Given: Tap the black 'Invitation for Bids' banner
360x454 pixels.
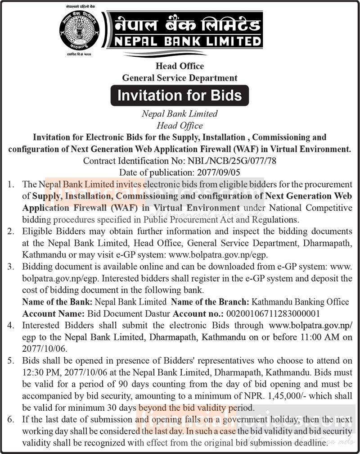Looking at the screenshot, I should point(180,95).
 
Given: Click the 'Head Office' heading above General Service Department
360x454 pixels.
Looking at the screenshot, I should point(180,66).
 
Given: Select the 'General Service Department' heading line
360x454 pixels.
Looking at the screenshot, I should point(180,78).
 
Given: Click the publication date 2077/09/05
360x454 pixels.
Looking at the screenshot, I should point(216,172).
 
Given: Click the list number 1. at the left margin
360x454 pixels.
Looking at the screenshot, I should point(12,184).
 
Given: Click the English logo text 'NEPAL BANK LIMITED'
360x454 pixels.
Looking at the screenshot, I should point(187,42).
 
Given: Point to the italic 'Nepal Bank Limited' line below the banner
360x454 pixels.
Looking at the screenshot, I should point(180,114).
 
